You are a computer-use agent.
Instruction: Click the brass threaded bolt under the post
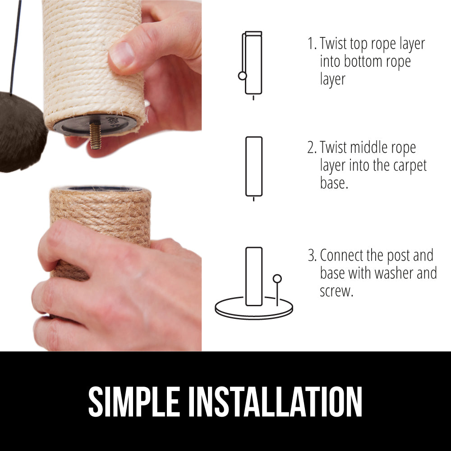click(x=95, y=135)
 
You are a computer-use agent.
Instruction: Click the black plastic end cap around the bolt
click(x=95, y=125)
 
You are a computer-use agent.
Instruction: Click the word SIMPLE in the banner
click(x=134, y=402)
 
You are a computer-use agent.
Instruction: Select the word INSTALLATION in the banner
click(x=275, y=402)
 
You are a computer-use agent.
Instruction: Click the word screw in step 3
click(x=336, y=291)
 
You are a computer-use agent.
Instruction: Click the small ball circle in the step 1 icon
click(x=243, y=76)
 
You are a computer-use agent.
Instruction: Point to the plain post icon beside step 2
click(x=254, y=167)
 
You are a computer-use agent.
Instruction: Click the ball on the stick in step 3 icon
click(x=277, y=278)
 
